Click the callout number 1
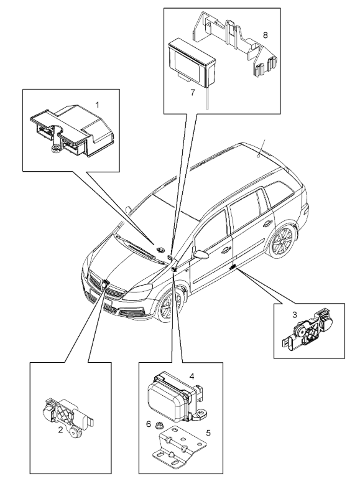pyautogui.click(x=97, y=105)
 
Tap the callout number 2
pyautogui.click(x=60, y=430)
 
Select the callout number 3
pyautogui.click(x=294, y=314)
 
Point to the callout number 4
pyautogui.click(x=192, y=376)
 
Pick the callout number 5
pyautogui.click(x=208, y=433)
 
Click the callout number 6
pyautogui.click(x=149, y=424)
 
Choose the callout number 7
pyautogui.click(x=192, y=92)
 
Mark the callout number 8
pyautogui.click(x=265, y=35)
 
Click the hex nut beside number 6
pyautogui.click(x=159, y=425)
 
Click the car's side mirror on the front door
pyautogui.click(x=200, y=254)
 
